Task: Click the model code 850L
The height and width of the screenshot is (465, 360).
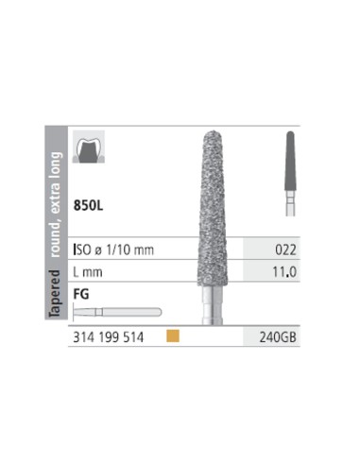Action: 88,205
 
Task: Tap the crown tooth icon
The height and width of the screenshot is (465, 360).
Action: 89,146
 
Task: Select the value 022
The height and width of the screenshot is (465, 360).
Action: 285,250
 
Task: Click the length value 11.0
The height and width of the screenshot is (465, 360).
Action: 284,271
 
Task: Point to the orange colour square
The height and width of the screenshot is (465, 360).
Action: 173,336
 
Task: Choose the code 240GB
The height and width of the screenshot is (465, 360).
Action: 278,337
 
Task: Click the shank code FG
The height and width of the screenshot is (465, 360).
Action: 81,294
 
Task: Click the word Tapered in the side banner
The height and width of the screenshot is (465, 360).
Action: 56,294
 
